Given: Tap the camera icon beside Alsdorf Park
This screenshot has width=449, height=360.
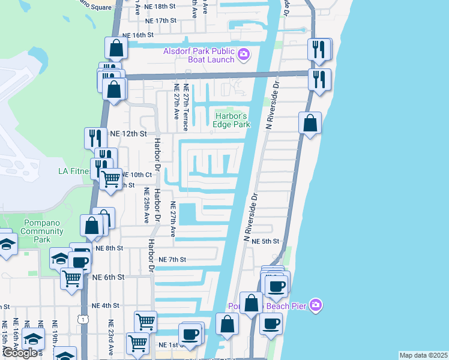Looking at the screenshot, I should [243, 55].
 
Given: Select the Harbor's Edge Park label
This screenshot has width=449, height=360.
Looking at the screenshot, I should [231, 120].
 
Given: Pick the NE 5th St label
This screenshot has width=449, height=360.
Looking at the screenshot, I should [266, 241].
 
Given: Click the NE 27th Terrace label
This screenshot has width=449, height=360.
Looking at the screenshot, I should [185, 112].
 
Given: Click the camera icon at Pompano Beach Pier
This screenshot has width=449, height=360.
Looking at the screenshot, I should [316, 306].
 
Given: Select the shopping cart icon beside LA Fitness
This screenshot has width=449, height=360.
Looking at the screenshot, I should [110, 178].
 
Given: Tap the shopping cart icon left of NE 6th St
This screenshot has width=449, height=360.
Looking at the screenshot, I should [71, 278].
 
